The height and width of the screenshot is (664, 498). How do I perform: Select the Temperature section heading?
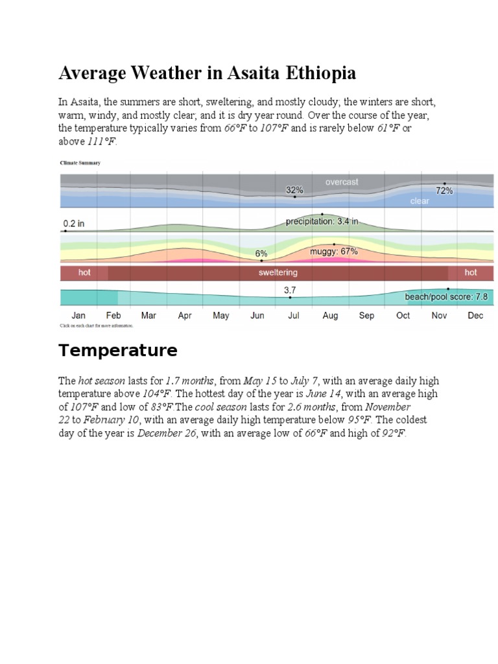click(x=118, y=351)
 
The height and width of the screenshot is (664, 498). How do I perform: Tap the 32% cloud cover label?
click(x=294, y=190)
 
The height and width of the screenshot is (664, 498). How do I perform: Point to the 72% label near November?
click(x=444, y=191)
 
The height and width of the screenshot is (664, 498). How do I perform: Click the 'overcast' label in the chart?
click(x=342, y=182)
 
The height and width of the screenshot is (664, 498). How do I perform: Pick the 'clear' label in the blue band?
click(x=420, y=201)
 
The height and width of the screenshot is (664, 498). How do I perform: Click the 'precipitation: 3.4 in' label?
click(x=322, y=221)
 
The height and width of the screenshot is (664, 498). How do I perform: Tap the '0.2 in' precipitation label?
click(x=74, y=224)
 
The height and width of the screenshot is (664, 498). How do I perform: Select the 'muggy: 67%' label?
click(x=334, y=252)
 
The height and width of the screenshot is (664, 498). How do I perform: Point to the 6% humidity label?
click(x=261, y=254)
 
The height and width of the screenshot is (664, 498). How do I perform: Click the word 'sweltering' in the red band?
click(x=278, y=273)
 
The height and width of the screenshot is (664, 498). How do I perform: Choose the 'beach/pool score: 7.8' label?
click(x=446, y=297)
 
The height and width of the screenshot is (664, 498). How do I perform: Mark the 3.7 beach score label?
click(x=290, y=290)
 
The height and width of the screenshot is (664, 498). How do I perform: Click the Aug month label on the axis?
click(x=330, y=316)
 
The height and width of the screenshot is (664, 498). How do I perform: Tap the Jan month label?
click(x=78, y=316)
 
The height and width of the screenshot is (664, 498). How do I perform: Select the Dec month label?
click(x=475, y=316)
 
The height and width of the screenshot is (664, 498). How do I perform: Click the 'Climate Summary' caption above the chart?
click(x=80, y=163)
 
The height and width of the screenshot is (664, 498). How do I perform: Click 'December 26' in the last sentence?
click(x=167, y=434)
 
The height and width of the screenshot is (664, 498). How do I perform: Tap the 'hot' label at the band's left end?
click(x=84, y=272)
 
